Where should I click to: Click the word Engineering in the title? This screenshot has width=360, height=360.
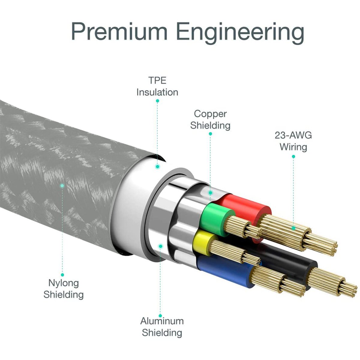[x=240, y=32]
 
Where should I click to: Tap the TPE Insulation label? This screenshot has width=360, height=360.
[x=157, y=86]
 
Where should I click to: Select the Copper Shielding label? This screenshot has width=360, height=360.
[x=210, y=119]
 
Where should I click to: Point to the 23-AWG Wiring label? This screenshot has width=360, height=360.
[x=293, y=141]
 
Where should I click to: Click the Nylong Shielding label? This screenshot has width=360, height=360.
[x=63, y=289]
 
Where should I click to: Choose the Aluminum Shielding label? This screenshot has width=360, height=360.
[x=162, y=327]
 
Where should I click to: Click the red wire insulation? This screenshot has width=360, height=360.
[x=246, y=207]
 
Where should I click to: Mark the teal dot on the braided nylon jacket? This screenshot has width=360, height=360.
[x=62, y=186]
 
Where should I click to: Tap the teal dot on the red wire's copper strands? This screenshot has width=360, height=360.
[x=293, y=228]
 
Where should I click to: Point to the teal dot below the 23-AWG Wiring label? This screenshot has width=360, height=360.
[x=293, y=156]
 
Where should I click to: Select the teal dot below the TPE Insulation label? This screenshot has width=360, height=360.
[x=157, y=101]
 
